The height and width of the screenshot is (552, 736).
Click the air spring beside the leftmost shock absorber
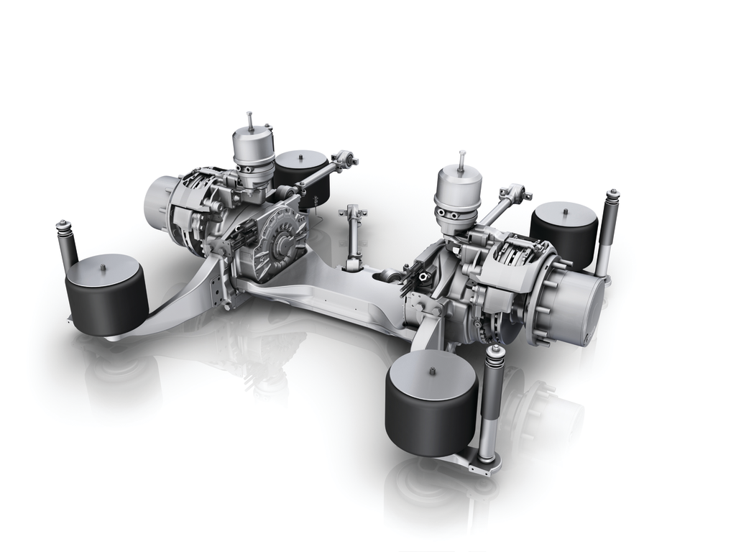click(106, 295)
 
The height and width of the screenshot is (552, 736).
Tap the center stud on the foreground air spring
click(431, 370)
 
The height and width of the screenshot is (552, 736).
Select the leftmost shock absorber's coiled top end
click(63, 229)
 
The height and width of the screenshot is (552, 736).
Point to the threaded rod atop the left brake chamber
click(249, 121)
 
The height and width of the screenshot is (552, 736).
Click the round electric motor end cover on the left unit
click(282, 237)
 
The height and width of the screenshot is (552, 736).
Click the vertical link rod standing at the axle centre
click(353, 237)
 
